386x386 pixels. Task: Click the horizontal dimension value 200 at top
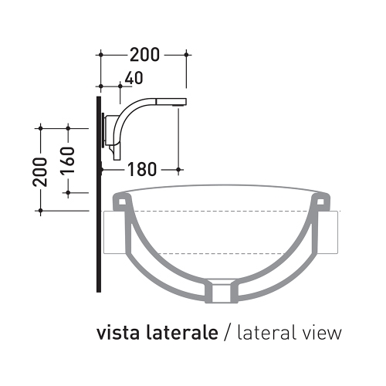(144, 54)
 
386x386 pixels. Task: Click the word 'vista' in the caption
(118, 334)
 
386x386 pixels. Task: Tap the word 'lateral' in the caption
(263, 334)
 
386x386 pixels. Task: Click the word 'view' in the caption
(321, 334)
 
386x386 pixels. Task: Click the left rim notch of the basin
(121, 202)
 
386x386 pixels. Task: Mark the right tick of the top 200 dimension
(187, 55)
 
